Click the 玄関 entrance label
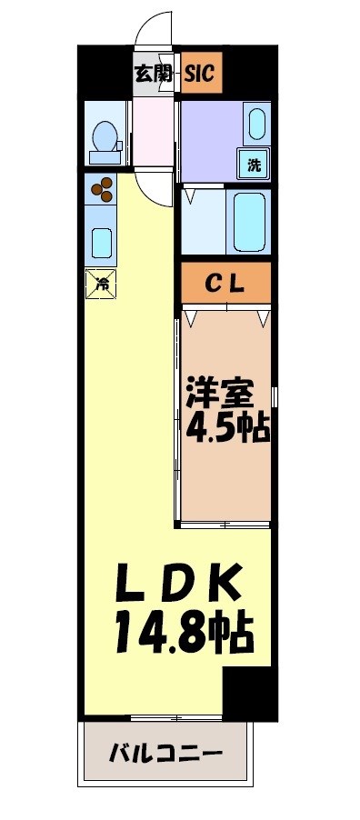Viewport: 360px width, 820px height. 154,75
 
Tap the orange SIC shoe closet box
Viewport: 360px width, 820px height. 199,75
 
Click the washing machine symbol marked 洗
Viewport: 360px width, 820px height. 254,165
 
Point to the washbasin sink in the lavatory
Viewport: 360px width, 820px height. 256,123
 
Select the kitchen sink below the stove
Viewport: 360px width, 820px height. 101,243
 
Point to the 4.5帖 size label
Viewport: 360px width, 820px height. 227,426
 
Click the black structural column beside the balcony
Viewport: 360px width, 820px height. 248,695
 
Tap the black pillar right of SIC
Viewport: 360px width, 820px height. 246,73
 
